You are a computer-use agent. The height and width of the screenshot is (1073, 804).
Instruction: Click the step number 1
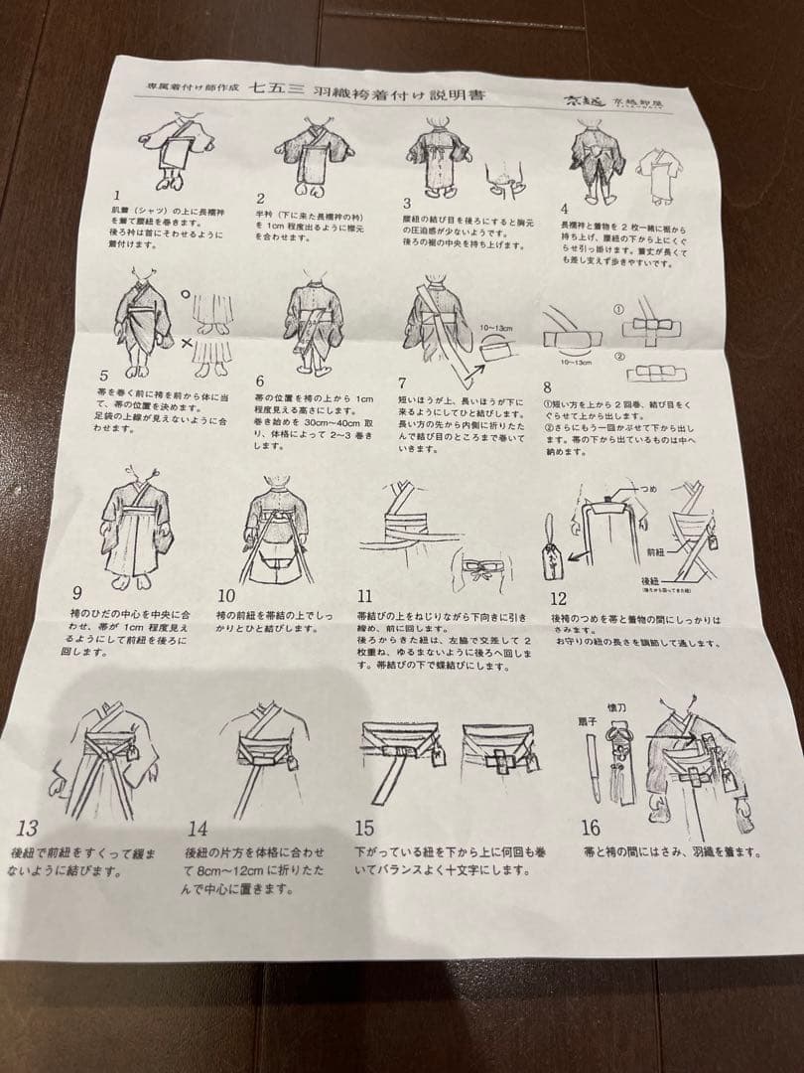117,196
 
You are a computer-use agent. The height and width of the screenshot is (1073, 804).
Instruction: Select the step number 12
559,598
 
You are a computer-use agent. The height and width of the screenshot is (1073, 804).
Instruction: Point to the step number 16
591,829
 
